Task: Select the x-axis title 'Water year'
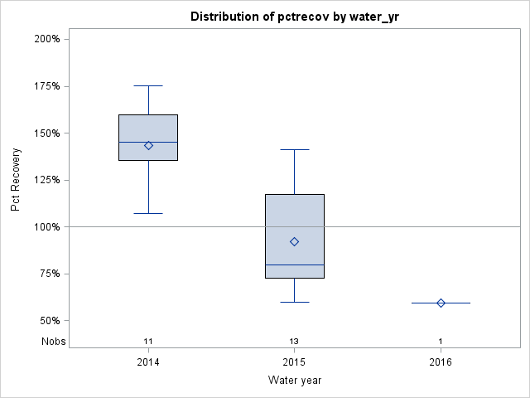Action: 295,381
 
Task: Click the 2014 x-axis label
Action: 148,362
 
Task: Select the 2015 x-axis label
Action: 295,362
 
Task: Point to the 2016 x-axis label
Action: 441,362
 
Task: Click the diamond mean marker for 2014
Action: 148,145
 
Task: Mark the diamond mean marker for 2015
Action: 295,241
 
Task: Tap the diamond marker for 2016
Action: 441,303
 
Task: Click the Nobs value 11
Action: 148,342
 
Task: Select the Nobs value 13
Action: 295,342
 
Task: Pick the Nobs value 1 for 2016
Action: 441,342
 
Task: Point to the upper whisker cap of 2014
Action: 148,85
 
